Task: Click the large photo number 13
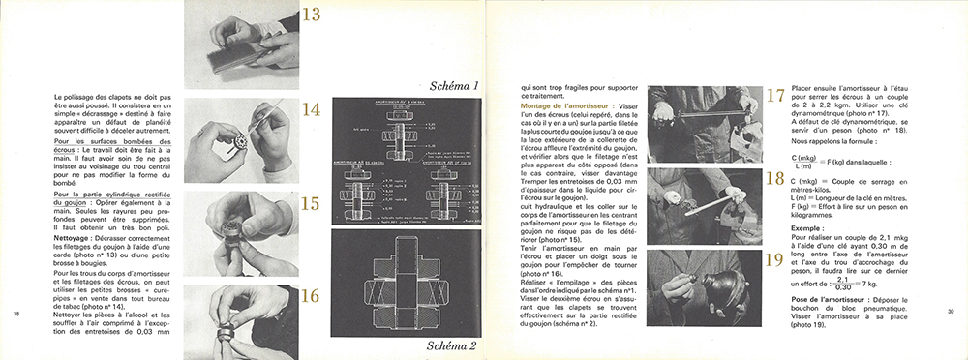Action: pyautogui.click(x=313, y=15)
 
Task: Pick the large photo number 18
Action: pyautogui.click(x=773, y=179)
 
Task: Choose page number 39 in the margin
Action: pyautogui.click(x=951, y=311)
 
